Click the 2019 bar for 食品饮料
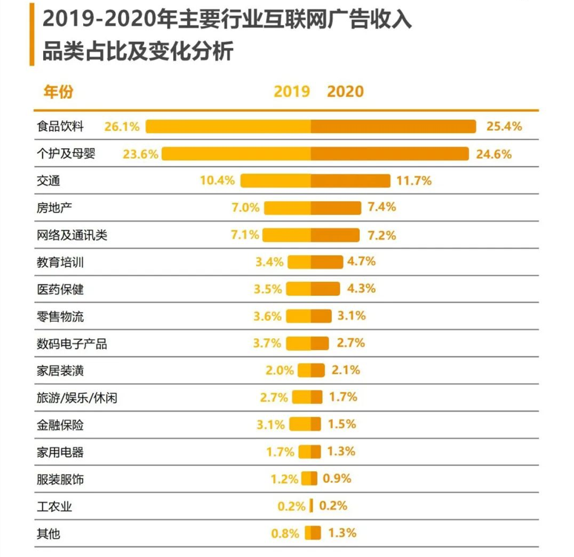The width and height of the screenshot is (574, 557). coord(228,126)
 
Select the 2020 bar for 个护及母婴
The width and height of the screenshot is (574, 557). coord(390,154)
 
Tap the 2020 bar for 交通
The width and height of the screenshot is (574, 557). coord(350,181)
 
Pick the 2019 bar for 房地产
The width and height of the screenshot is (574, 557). coord(288,208)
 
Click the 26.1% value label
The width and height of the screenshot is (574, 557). coord(122,126)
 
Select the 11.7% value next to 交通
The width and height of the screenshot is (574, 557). coord(414,180)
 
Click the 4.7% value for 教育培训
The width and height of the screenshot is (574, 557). coord(362,261)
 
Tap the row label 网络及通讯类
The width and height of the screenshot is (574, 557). coord(72,235)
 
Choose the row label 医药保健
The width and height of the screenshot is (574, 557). coord(60,290)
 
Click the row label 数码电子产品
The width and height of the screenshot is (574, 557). coord(72,344)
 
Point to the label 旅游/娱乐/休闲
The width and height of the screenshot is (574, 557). coord(77,398)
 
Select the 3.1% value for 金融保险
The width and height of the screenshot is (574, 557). coord(270,425)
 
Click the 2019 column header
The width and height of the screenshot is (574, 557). coord(292,91)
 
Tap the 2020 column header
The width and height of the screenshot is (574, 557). coord(345,91)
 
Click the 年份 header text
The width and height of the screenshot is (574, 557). coord(58,92)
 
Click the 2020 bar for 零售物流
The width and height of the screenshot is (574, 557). coord(321,316)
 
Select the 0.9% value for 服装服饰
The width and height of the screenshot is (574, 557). coord(337,479)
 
